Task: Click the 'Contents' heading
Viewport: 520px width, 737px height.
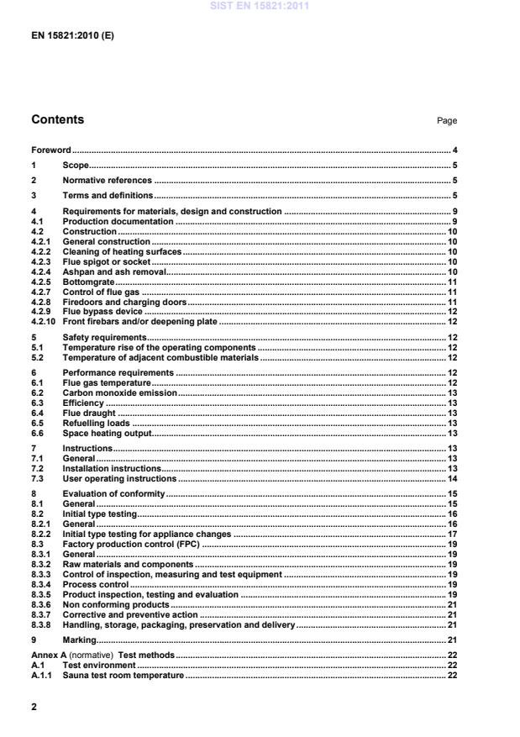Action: point(57,120)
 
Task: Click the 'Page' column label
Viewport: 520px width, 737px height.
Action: point(447,121)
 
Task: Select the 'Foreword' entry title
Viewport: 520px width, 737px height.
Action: point(51,149)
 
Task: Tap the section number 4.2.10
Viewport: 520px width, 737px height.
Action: point(43,321)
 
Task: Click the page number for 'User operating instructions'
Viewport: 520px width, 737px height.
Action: point(452,478)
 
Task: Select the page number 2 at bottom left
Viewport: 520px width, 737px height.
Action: point(34,707)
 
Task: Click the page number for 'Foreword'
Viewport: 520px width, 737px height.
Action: point(454,149)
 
